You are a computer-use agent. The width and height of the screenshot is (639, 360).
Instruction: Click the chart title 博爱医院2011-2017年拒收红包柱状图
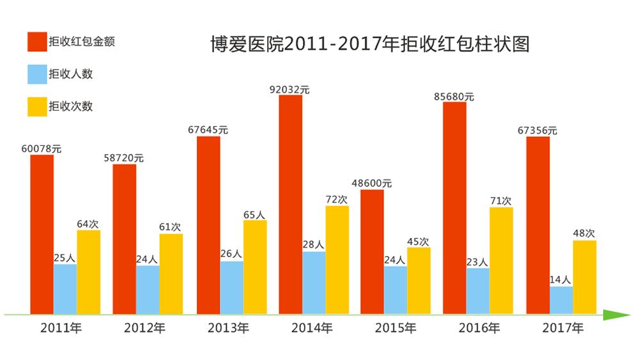pyautogui.click(x=370, y=44)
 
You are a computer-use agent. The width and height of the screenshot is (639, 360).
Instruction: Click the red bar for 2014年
pyautogui.click(x=290, y=205)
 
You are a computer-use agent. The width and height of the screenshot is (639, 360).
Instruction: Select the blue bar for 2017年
pyautogui.click(x=561, y=300)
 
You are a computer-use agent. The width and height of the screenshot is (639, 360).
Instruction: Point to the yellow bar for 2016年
pyautogui.click(x=501, y=260)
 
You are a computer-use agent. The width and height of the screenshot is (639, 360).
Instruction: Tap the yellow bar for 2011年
pyautogui.click(x=88, y=272)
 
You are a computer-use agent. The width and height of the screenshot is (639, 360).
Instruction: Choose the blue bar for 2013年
pyautogui.click(x=231, y=287)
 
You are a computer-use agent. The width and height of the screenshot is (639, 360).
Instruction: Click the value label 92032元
pyautogui.click(x=289, y=90)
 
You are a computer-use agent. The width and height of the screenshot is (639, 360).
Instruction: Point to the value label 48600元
pyautogui.click(x=372, y=184)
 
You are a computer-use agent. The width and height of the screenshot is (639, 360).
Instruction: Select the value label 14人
pyautogui.click(x=560, y=279)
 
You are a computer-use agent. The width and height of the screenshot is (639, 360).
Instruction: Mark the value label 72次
pyautogui.click(x=337, y=200)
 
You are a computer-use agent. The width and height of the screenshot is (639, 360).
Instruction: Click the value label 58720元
pyautogui.click(x=124, y=158)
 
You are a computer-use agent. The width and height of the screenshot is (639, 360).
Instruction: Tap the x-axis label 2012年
pyautogui.click(x=144, y=329)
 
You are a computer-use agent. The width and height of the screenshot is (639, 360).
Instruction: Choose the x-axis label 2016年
pyautogui.click(x=479, y=329)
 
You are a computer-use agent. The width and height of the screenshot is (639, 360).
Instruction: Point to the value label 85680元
pyautogui.click(x=454, y=97)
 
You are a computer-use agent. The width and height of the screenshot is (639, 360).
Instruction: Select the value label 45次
pyautogui.click(x=418, y=241)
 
